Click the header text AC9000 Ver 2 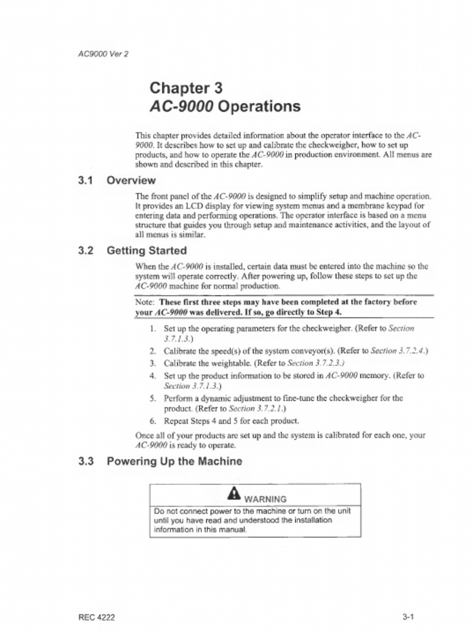coord(103,53)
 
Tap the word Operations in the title coord(259,107)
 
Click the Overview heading coord(131,181)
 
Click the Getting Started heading coord(147,251)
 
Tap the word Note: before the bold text coord(145,303)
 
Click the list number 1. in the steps coord(152,328)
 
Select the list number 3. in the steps coord(152,363)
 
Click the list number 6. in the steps coord(152,421)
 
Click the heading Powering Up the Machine coord(174,461)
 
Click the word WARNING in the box coord(265,499)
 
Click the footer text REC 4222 coord(97,617)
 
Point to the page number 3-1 coord(408,617)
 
